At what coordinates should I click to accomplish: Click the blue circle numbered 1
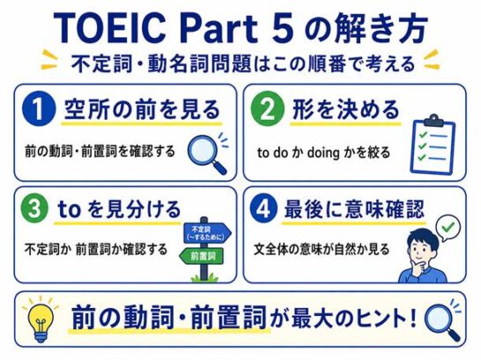(x=39, y=109)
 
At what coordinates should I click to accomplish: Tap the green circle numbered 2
(x=268, y=109)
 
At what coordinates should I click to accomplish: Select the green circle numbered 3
(x=34, y=209)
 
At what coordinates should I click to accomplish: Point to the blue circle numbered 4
(x=263, y=209)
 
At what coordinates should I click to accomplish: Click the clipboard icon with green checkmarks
(x=433, y=144)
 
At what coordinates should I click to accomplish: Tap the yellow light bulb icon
(x=41, y=319)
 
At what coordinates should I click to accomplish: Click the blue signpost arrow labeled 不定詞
(x=207, y=233)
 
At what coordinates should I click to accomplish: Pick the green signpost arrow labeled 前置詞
(x=202, y=256)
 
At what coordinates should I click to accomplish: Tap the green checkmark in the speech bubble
(x=448, y=227)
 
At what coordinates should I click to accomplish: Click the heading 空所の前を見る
(x=142, y=109)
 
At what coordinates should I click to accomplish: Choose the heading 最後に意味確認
(x=354, y=209)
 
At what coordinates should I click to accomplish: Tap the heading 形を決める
(x=345, y=109)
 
